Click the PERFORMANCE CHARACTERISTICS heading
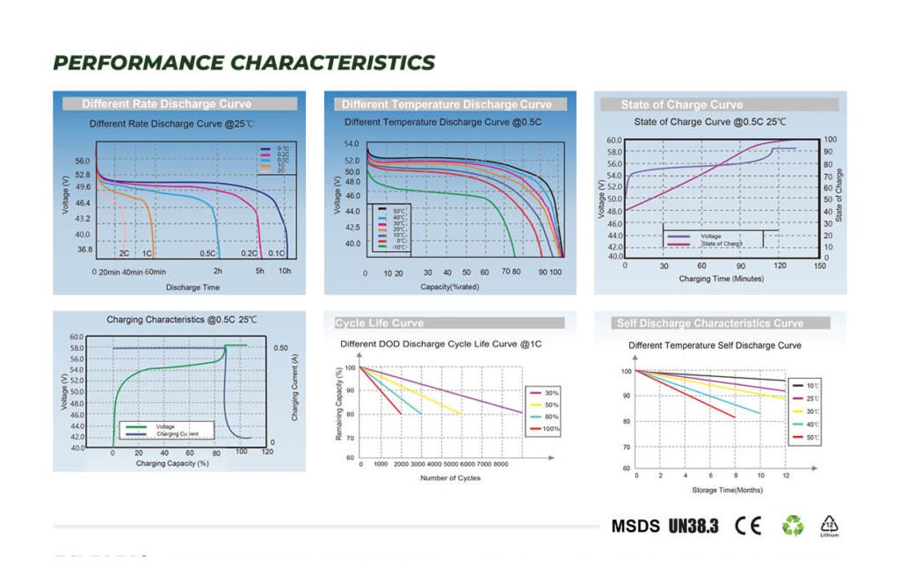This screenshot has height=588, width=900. (x=243, y=62)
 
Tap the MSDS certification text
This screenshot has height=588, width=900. (x=635, y=526)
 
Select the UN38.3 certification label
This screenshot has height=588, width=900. (x=693, y=526)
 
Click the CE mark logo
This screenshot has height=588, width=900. (x=748, y=526)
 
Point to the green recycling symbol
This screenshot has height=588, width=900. (x=793, y=526)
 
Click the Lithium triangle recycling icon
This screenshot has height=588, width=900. (x=829, y=525)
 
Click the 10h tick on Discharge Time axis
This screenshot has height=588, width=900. (x=286, y=272)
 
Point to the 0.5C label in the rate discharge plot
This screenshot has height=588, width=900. (x=207, y=253)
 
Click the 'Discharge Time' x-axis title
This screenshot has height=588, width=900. (x=192, y=287)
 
